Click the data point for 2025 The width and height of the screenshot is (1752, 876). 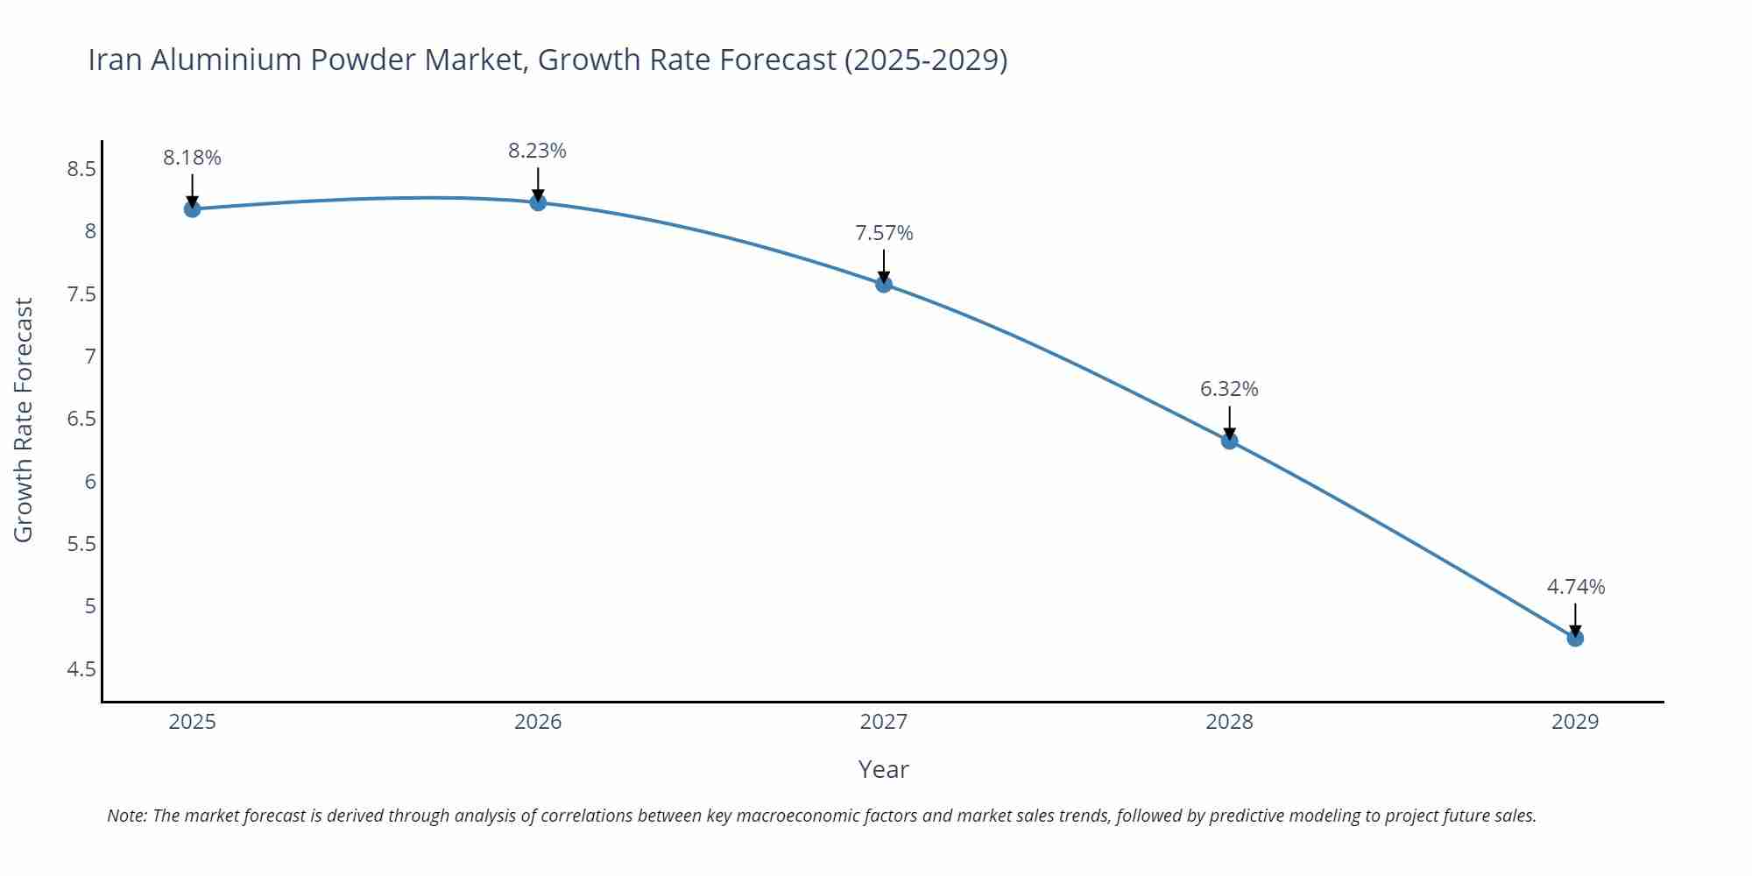(x=192, y=208)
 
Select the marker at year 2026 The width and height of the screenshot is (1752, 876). (x=538, y=202)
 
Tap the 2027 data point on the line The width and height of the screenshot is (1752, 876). (x=883, y=284)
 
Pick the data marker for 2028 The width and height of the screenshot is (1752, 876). (x=1229, y=441)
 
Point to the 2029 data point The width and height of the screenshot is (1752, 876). (x=1575, y=638)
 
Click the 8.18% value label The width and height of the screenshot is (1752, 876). (x=192, y=158)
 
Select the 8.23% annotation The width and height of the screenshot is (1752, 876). (x=537, y=151)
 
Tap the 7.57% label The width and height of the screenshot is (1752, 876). (x=884, y=233)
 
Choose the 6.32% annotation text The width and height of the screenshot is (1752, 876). (x=1229, y=389)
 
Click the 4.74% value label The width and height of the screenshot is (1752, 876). (x=1575, y=587)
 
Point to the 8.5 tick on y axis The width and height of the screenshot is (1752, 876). (x=81, y=169)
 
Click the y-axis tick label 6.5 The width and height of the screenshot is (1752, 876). (x=81, y=419)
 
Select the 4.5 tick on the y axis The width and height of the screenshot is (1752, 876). (x=81, y=669)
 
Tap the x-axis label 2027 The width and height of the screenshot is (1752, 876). (x=883, y=722)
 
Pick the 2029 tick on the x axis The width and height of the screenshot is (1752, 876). (x=1575, y=722)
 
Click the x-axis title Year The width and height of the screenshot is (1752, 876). (x=883, y=769)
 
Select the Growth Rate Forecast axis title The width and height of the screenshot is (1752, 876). (x=24, y=420)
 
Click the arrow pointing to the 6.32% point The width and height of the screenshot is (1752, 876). (x=1229, y=422)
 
